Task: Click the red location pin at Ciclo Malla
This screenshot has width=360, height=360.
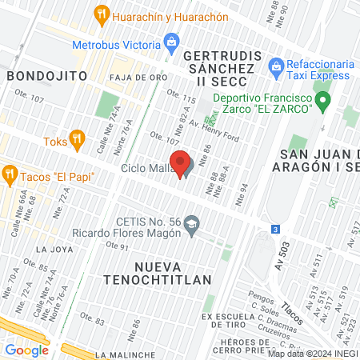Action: point(181,163)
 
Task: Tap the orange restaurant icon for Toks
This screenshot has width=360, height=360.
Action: point(77,139)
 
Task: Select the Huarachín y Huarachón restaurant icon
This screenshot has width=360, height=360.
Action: point(101,14)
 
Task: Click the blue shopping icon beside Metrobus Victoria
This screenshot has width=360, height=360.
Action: point(170,41)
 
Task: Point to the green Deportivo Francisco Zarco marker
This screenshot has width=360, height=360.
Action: point(323,102)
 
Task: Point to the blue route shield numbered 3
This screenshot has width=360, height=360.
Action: point(276,229)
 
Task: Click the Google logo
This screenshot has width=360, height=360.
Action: point(26,350)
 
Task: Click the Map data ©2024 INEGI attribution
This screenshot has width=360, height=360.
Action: point(313,354)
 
